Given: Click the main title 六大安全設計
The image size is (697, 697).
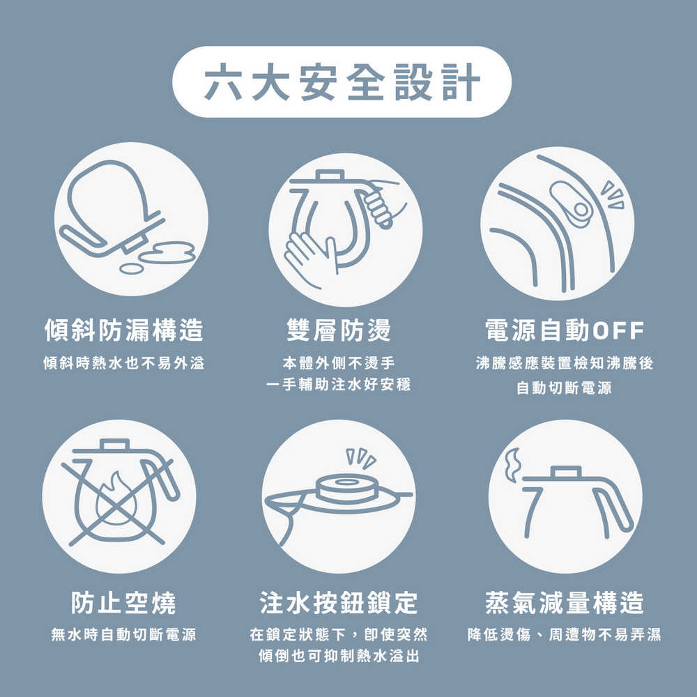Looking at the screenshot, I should tap(342, 82).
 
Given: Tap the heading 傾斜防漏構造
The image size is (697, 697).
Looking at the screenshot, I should tap(124, 330).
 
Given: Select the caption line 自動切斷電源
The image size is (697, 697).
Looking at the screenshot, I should tap(564, 388).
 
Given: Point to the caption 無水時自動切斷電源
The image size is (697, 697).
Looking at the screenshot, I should tap(124, 635).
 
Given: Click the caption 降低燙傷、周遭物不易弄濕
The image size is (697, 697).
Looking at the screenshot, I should tap(565, 635).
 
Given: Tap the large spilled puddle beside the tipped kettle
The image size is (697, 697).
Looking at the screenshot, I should tap(167, 252).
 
